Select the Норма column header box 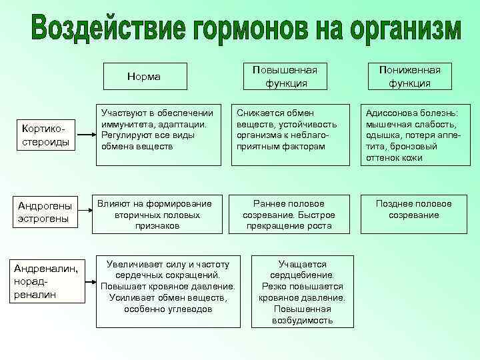[x=144, y=77]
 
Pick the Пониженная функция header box [x=414, y=77]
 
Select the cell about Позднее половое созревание [x=413, y=209]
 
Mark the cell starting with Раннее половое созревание [x=289, y=214]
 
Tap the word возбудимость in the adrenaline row [x=302, y=320]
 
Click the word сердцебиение [x=302, y=275]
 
